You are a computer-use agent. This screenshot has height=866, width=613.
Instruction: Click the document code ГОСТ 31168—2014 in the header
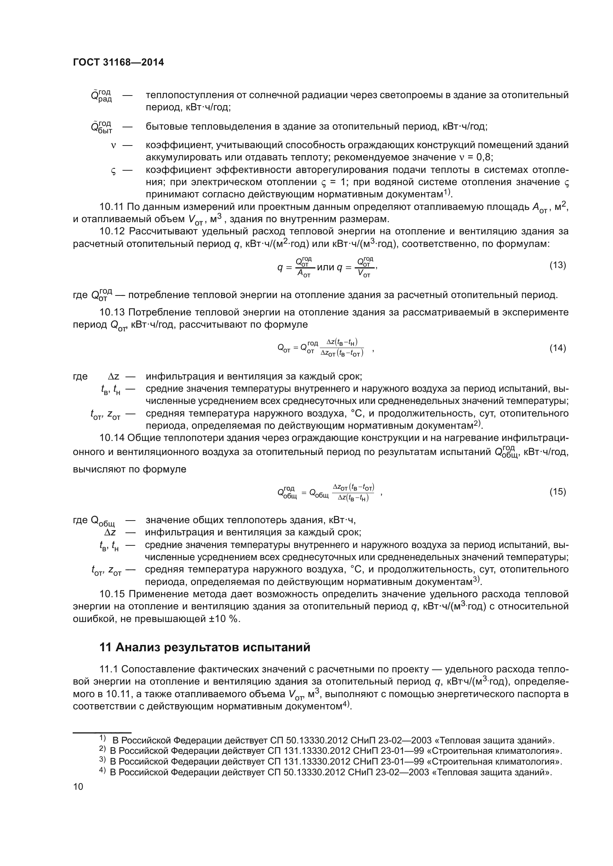[x=118, y=63]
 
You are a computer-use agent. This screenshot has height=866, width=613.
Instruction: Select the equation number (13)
[x=557, y=265]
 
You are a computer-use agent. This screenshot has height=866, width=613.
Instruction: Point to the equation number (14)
[x=557, y=348]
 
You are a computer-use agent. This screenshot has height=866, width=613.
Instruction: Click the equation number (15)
[x=557, y=491]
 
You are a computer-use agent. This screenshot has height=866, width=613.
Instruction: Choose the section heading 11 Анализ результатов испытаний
[x=205, y=647]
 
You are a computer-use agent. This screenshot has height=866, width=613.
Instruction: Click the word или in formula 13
[x=326, y=267]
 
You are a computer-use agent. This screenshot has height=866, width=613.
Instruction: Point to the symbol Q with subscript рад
[x=101, y=96]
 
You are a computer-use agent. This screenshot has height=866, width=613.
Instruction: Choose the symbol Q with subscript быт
[x=101, y=127]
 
